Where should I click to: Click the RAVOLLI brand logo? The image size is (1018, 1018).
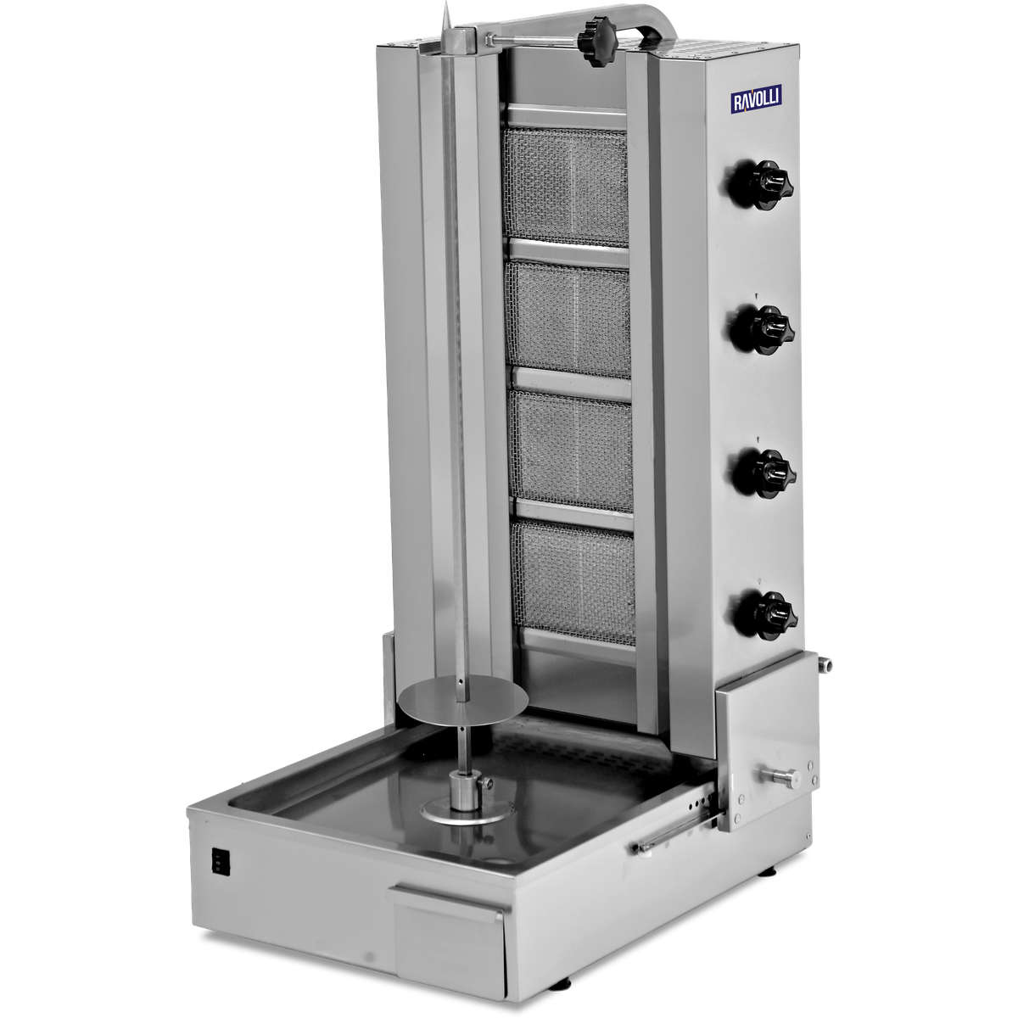click(756, 98)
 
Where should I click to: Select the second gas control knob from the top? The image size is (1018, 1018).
click(762, 328)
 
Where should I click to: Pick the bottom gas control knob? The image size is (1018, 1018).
click(765, 616)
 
